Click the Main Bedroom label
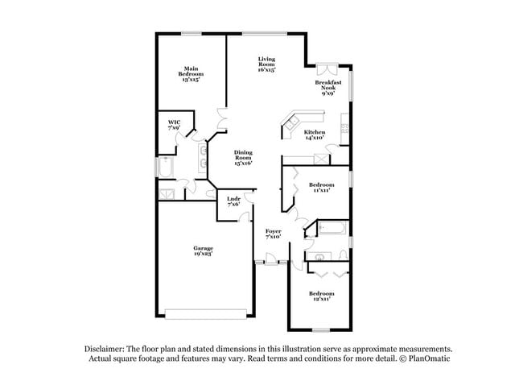coord(191,75)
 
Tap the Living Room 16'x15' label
coord(267,64)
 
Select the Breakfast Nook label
coord(328,88)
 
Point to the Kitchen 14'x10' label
coord(314,135)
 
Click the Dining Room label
coord(244,158)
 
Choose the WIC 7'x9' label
coord(174,125)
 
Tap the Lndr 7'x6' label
coord(233,201)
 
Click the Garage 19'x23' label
coord(203,251)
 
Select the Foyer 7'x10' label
coord(273,234)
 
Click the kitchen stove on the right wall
coord(344,128)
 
